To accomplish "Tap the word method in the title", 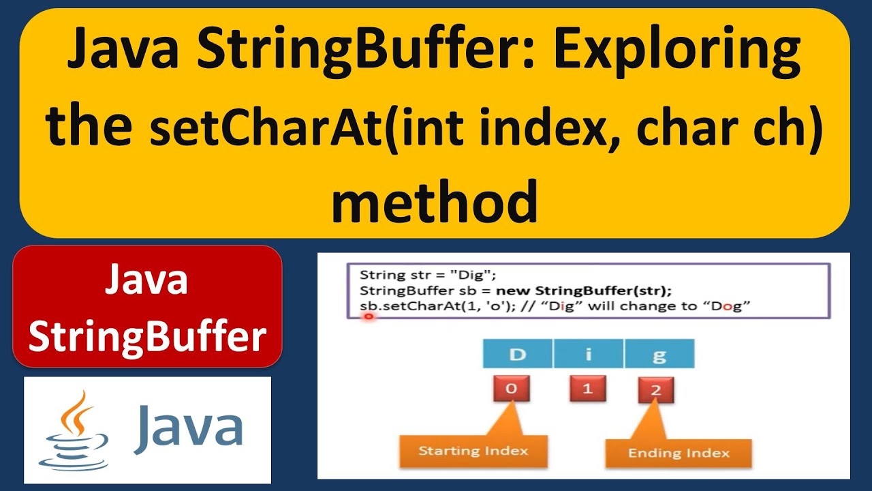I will [x=435, y=203].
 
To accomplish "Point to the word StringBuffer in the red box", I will [x=147, y=337].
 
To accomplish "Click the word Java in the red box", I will [x=146, y=282].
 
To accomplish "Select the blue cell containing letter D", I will [x=517, y=355].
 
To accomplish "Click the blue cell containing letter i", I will [x=588, y=355].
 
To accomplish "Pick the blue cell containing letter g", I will [x=659, y=355].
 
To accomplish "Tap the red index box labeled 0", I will [x=512, y=390].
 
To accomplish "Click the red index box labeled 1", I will [x=587, y=390].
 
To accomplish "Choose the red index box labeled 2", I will [x=656, y=391].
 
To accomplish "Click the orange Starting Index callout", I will [x=472, y=451].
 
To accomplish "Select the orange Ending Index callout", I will [x=679, y=453].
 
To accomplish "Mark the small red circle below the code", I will [x=369, y=317].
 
